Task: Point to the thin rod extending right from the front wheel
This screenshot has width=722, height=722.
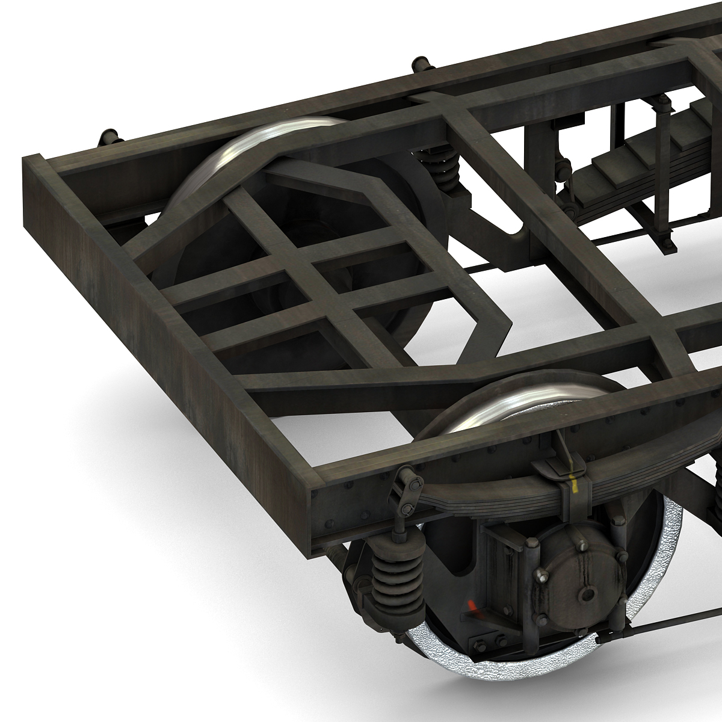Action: (662, 629)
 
